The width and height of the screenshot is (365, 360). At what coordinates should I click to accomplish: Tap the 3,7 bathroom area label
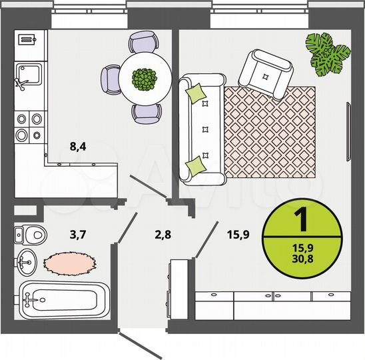79,234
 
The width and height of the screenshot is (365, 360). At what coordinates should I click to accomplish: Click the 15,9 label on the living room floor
238,234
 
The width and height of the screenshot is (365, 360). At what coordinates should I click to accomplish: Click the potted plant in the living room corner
328,53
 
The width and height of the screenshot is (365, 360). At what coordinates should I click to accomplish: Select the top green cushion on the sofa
196,93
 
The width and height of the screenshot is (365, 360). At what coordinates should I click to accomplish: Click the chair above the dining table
143,43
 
